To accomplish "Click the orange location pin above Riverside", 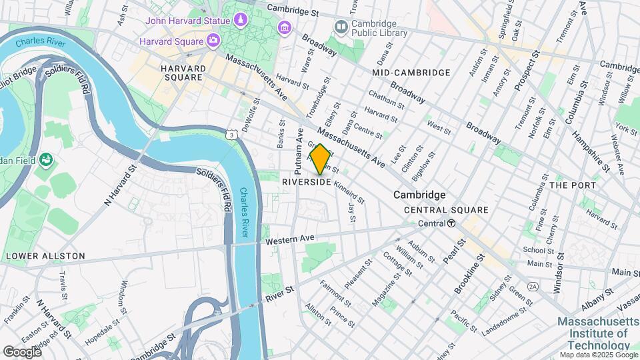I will coord(320,159).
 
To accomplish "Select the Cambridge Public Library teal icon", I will coord(341,27).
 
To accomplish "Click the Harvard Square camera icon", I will coord(213,41).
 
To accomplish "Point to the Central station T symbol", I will coord(451,223).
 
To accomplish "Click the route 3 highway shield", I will coord(231,135).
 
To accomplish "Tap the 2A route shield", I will coord(533,286).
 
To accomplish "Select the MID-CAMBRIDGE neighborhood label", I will coord(411,72).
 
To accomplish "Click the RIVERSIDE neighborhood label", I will coord(307,182).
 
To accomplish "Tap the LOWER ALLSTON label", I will coord(45,256).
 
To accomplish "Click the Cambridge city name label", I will coord(419,195).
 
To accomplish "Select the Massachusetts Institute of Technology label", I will coord(593,333).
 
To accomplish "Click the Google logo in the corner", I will coord(22,351).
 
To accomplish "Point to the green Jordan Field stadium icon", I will coord(46,159).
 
